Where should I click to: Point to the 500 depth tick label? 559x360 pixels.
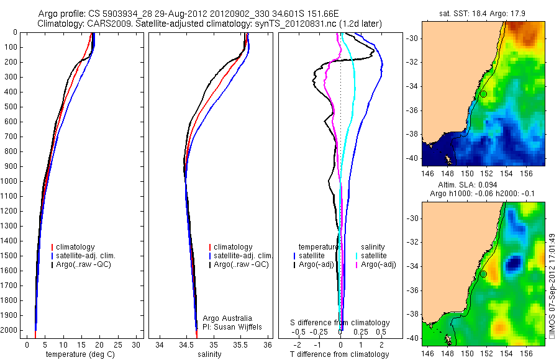tap(11, 107)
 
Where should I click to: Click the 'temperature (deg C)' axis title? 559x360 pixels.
tap(81, 354)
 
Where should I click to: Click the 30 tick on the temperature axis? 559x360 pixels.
tap(137, 344)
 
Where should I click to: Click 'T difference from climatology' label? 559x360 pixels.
tap(340, 354)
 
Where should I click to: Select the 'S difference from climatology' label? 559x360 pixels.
tap(340, 323)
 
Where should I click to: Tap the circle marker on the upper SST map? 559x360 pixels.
tap(483, 94)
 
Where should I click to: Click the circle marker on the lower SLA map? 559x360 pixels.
tap(483, 274)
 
